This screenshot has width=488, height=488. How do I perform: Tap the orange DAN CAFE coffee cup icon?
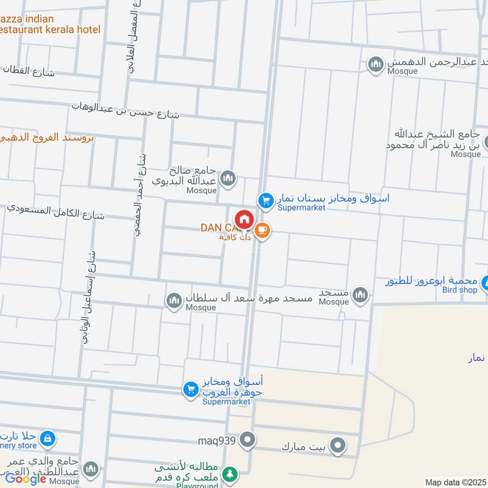263,231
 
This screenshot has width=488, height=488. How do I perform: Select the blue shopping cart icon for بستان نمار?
265,199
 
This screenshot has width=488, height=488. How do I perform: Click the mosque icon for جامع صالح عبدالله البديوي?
228,178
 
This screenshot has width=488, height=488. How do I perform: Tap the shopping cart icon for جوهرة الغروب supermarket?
190,389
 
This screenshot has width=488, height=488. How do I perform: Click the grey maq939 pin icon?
247,439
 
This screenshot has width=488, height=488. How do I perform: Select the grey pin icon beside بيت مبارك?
336,447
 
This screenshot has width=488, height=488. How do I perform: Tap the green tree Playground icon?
229,473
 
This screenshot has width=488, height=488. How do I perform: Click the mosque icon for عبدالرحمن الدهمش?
375,63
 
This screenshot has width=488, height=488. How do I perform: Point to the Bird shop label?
460,290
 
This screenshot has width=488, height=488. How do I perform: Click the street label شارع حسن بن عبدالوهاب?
125,110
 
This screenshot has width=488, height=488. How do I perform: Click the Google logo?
26,479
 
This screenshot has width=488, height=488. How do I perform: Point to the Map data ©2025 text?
454,482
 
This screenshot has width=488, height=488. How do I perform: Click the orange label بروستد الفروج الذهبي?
47,137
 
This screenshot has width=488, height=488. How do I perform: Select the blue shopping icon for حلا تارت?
47,438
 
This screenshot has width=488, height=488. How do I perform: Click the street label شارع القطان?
28,71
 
